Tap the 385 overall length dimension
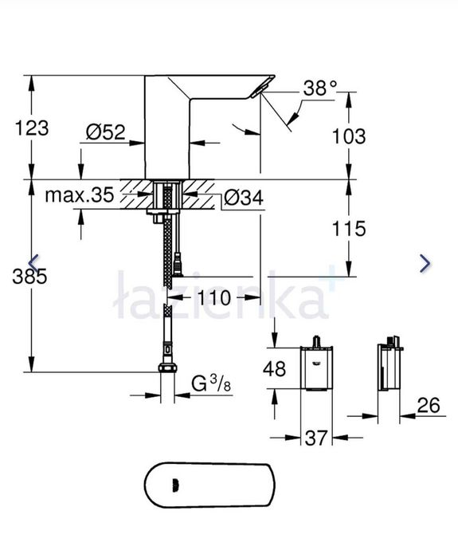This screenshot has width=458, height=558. click(30, 277)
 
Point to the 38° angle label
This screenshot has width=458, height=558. click(320, 89)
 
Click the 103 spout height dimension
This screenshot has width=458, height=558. click(348, 136)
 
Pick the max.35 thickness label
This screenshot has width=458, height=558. click(79, 195)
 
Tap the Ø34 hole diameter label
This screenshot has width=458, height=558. click(243, 196)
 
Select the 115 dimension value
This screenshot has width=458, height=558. click(348, 229)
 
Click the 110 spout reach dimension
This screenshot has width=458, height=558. click(213, 298)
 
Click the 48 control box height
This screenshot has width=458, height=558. click(275, 369)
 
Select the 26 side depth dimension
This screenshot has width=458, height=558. click(428, 406)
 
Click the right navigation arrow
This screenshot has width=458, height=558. click(425, 263)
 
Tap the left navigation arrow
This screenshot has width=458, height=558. click(33, 263)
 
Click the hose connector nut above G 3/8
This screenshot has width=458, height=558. click(167, 367)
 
